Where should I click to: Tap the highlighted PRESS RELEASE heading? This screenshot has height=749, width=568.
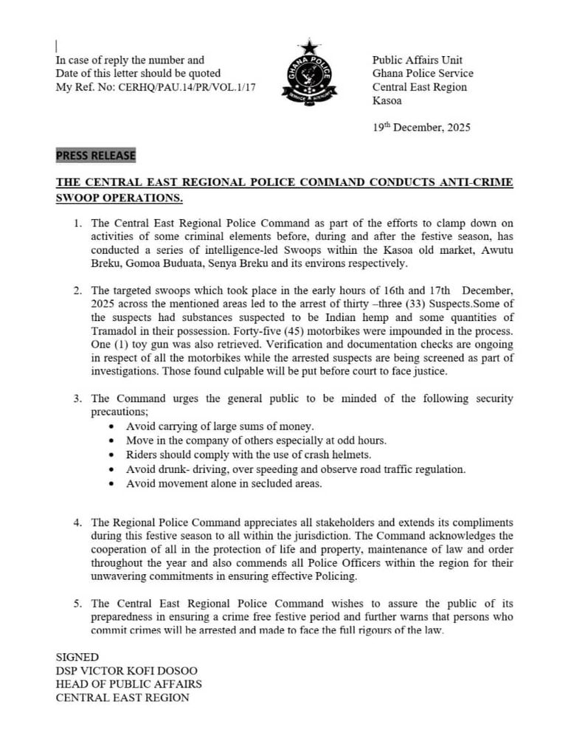pos(96,156)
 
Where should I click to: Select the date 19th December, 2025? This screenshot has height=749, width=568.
pos(421,127)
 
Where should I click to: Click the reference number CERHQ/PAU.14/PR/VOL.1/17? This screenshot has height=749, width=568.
pos(184,87)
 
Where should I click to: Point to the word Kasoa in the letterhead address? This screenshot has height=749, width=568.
pos(387,100)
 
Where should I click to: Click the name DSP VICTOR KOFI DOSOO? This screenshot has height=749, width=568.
pos(127,670)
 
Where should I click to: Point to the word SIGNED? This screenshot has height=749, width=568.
pos(77,657)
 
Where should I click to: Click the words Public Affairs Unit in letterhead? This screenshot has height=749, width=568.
pos(417,61)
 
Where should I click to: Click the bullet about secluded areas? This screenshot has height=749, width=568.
pos(224,484)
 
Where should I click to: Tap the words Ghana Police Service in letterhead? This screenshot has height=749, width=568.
pos(423,74)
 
